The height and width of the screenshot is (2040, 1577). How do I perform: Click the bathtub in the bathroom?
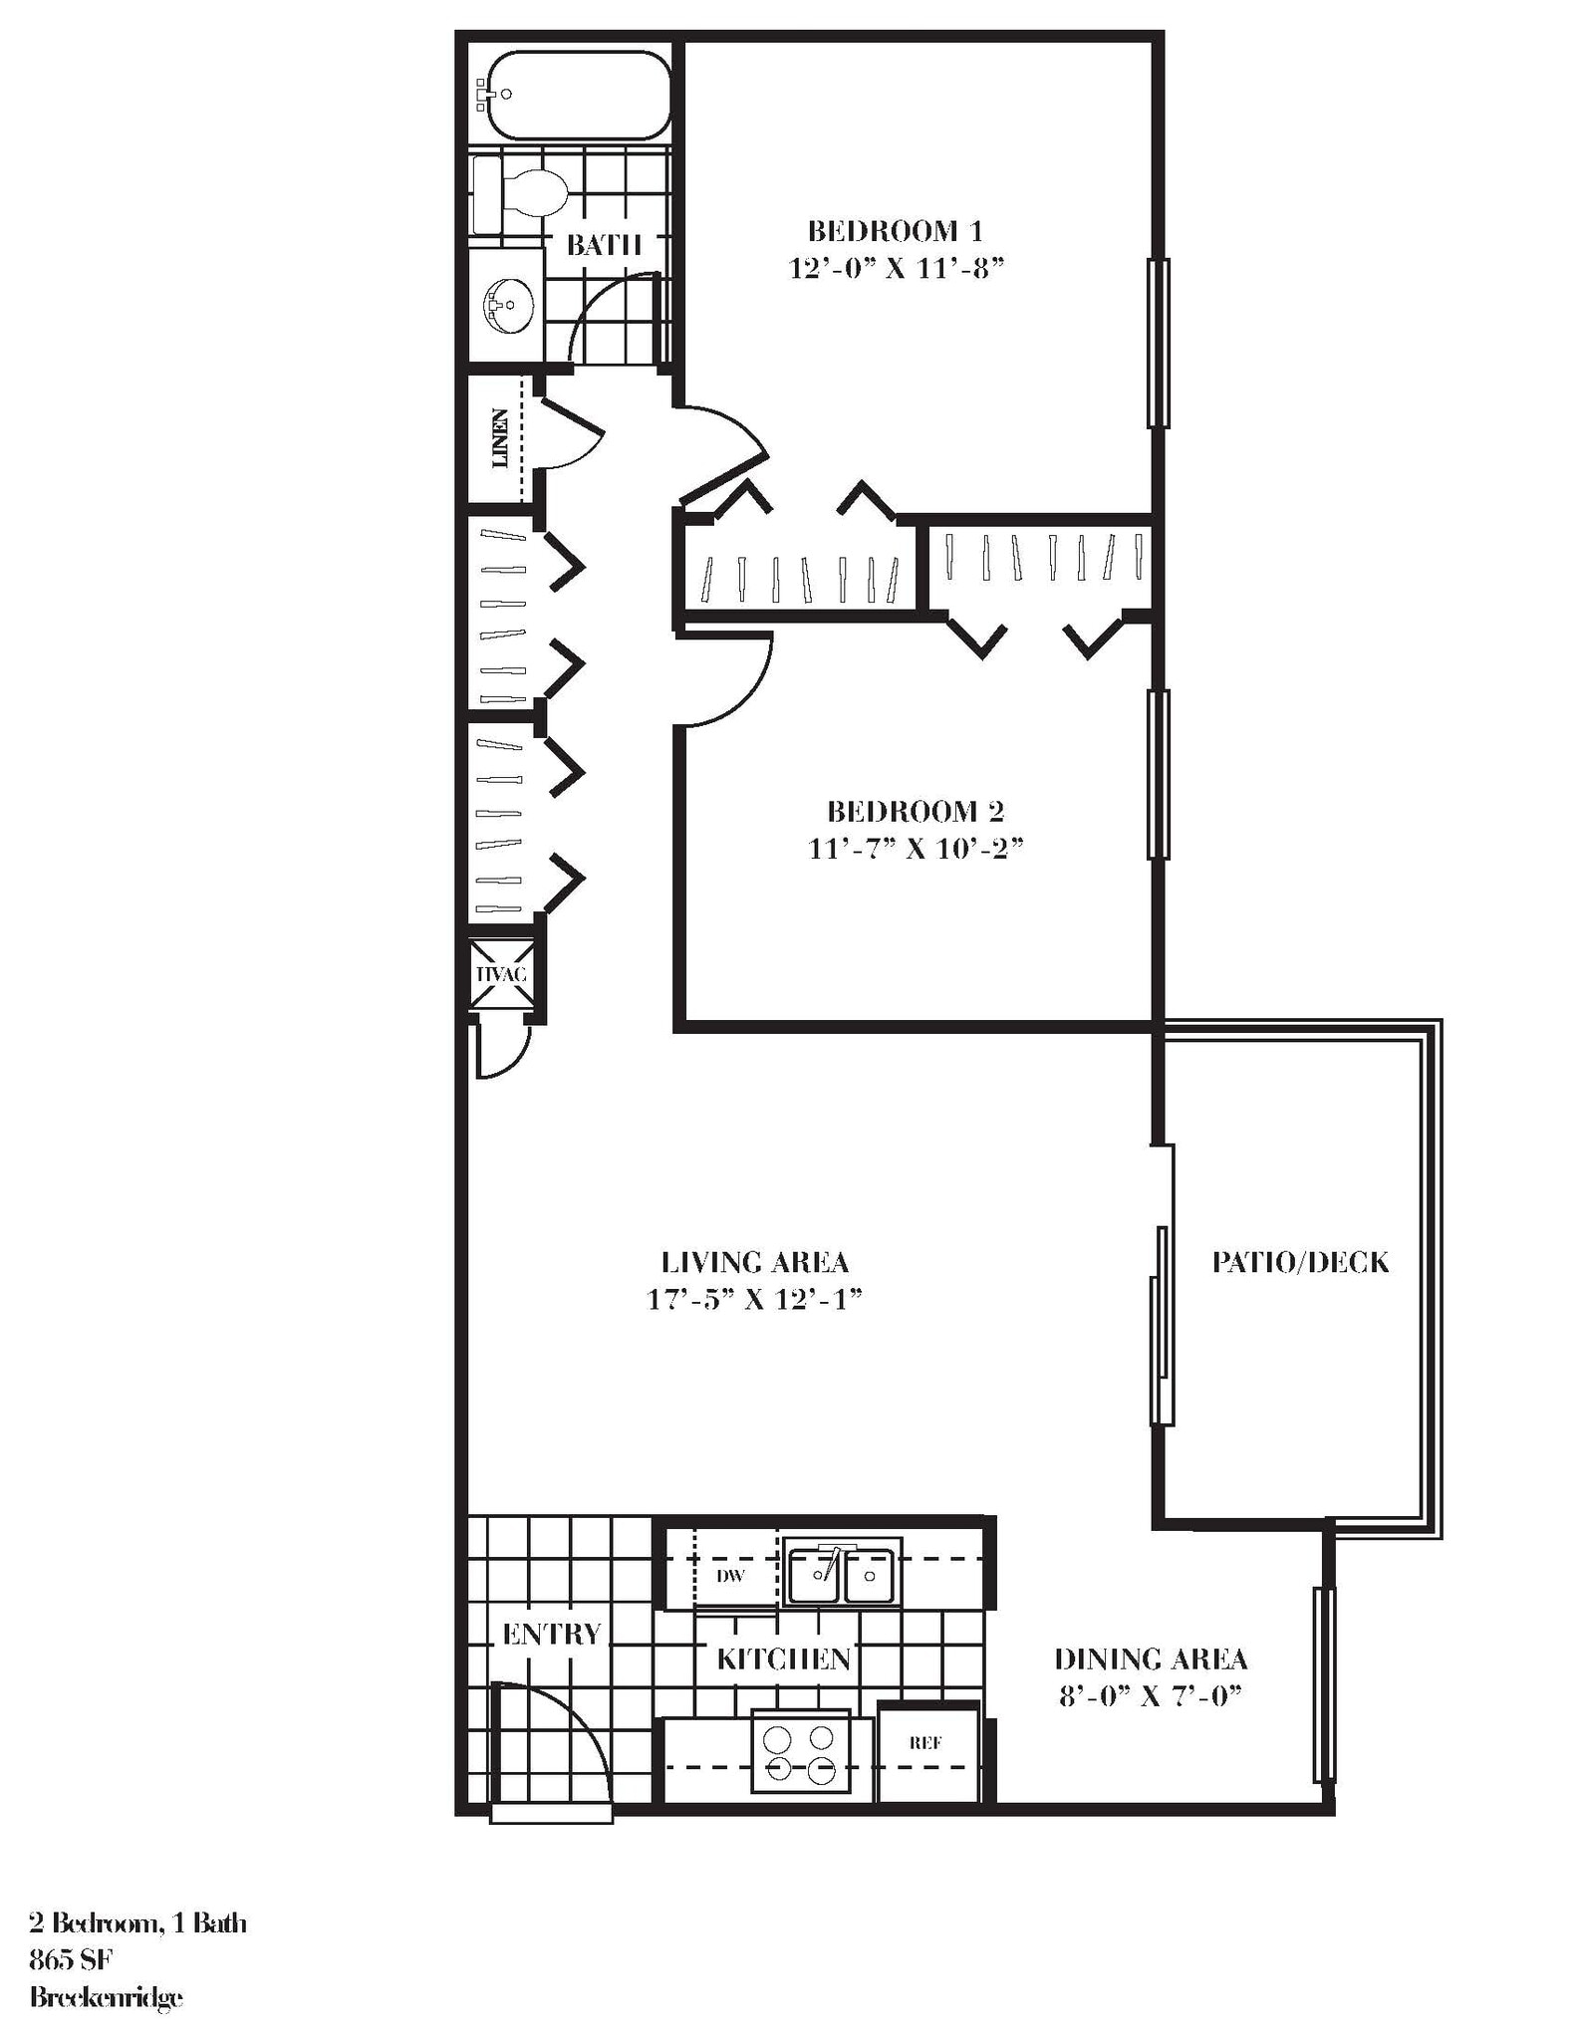(574, 95)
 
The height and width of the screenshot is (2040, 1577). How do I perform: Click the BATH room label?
(603, 245)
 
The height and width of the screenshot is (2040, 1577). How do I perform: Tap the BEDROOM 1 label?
(895, 232)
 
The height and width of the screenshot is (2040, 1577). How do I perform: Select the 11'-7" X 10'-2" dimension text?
(916, 849)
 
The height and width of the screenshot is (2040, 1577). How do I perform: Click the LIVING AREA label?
(754, 1262)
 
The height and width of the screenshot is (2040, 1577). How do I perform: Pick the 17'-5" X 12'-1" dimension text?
(754, 1300)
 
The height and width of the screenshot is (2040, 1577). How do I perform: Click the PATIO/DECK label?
(1300, 1262)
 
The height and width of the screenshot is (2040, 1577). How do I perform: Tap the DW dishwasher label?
(730, 1576)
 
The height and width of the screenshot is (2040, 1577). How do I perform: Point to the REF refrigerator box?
(925, 1743)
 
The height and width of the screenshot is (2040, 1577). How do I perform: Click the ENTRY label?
(552, 1634)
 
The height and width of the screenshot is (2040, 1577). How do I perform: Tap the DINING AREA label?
(1151, 1658)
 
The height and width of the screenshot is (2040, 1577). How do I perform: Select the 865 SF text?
(71, 1960)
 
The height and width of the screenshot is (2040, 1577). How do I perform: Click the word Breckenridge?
(107, 1996)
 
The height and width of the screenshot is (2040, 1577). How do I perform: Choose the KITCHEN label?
(784, 1658)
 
